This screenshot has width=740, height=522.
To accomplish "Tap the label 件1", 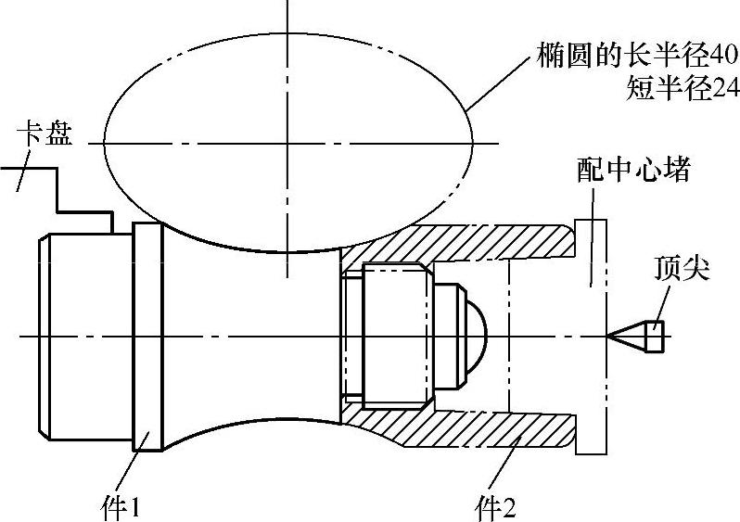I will (120, 505).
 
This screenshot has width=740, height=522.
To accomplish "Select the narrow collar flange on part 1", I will (147, 337).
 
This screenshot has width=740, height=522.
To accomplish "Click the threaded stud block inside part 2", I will (394, 336).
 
